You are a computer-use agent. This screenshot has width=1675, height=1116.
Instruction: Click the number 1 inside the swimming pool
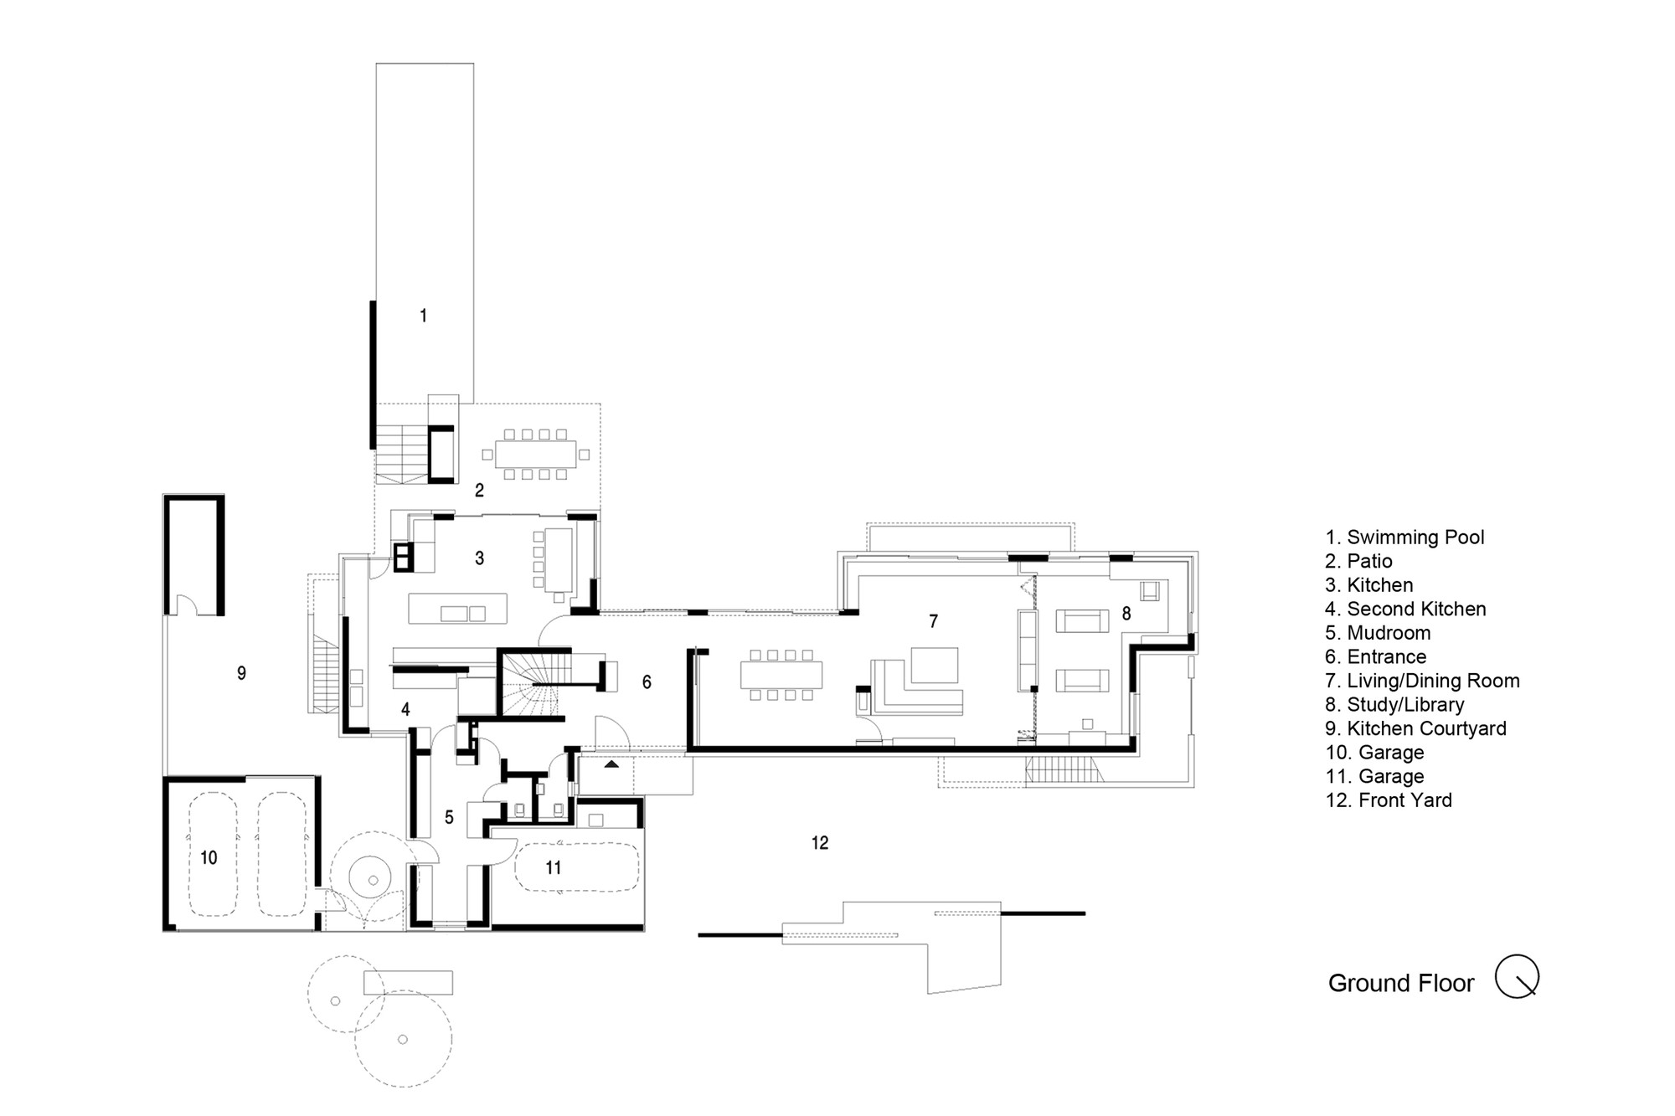click(424, 316)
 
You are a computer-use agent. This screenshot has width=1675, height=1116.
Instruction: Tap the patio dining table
click(536, 455)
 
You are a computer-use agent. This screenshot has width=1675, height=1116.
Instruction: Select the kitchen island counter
click(457, 609)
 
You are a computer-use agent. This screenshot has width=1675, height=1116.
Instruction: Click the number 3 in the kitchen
click(479, 558)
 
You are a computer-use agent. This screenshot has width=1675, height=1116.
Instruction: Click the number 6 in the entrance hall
click(647, 682)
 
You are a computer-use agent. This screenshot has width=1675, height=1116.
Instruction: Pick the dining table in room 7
click(781, 675)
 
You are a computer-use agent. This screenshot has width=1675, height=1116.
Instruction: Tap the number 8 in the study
click(1126, 614)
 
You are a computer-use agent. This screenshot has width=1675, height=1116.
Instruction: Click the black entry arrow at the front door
click(612, 764)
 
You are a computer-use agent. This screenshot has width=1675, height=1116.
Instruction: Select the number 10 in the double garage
click(209, 857)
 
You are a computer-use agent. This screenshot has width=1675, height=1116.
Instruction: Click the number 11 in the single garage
click(554, 868)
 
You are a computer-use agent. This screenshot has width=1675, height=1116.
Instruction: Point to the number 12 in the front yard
click(820, 843)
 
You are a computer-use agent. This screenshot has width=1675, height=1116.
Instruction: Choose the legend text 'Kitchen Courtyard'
click(1426, 728)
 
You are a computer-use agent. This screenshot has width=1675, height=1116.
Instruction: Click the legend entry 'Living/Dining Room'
click(1433, 681)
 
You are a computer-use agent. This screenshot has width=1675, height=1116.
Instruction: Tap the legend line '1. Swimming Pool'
click(1404, 537)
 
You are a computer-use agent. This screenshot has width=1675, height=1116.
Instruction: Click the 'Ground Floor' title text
click(1400, 983)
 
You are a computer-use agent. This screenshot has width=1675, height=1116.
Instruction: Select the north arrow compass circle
click(1517, 976)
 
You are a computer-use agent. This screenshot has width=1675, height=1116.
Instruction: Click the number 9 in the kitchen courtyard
click(241, 673)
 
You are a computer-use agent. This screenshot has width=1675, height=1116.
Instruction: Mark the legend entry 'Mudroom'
click(1389, 633)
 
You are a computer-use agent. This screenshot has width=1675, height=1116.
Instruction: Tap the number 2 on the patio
click(479, 491)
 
